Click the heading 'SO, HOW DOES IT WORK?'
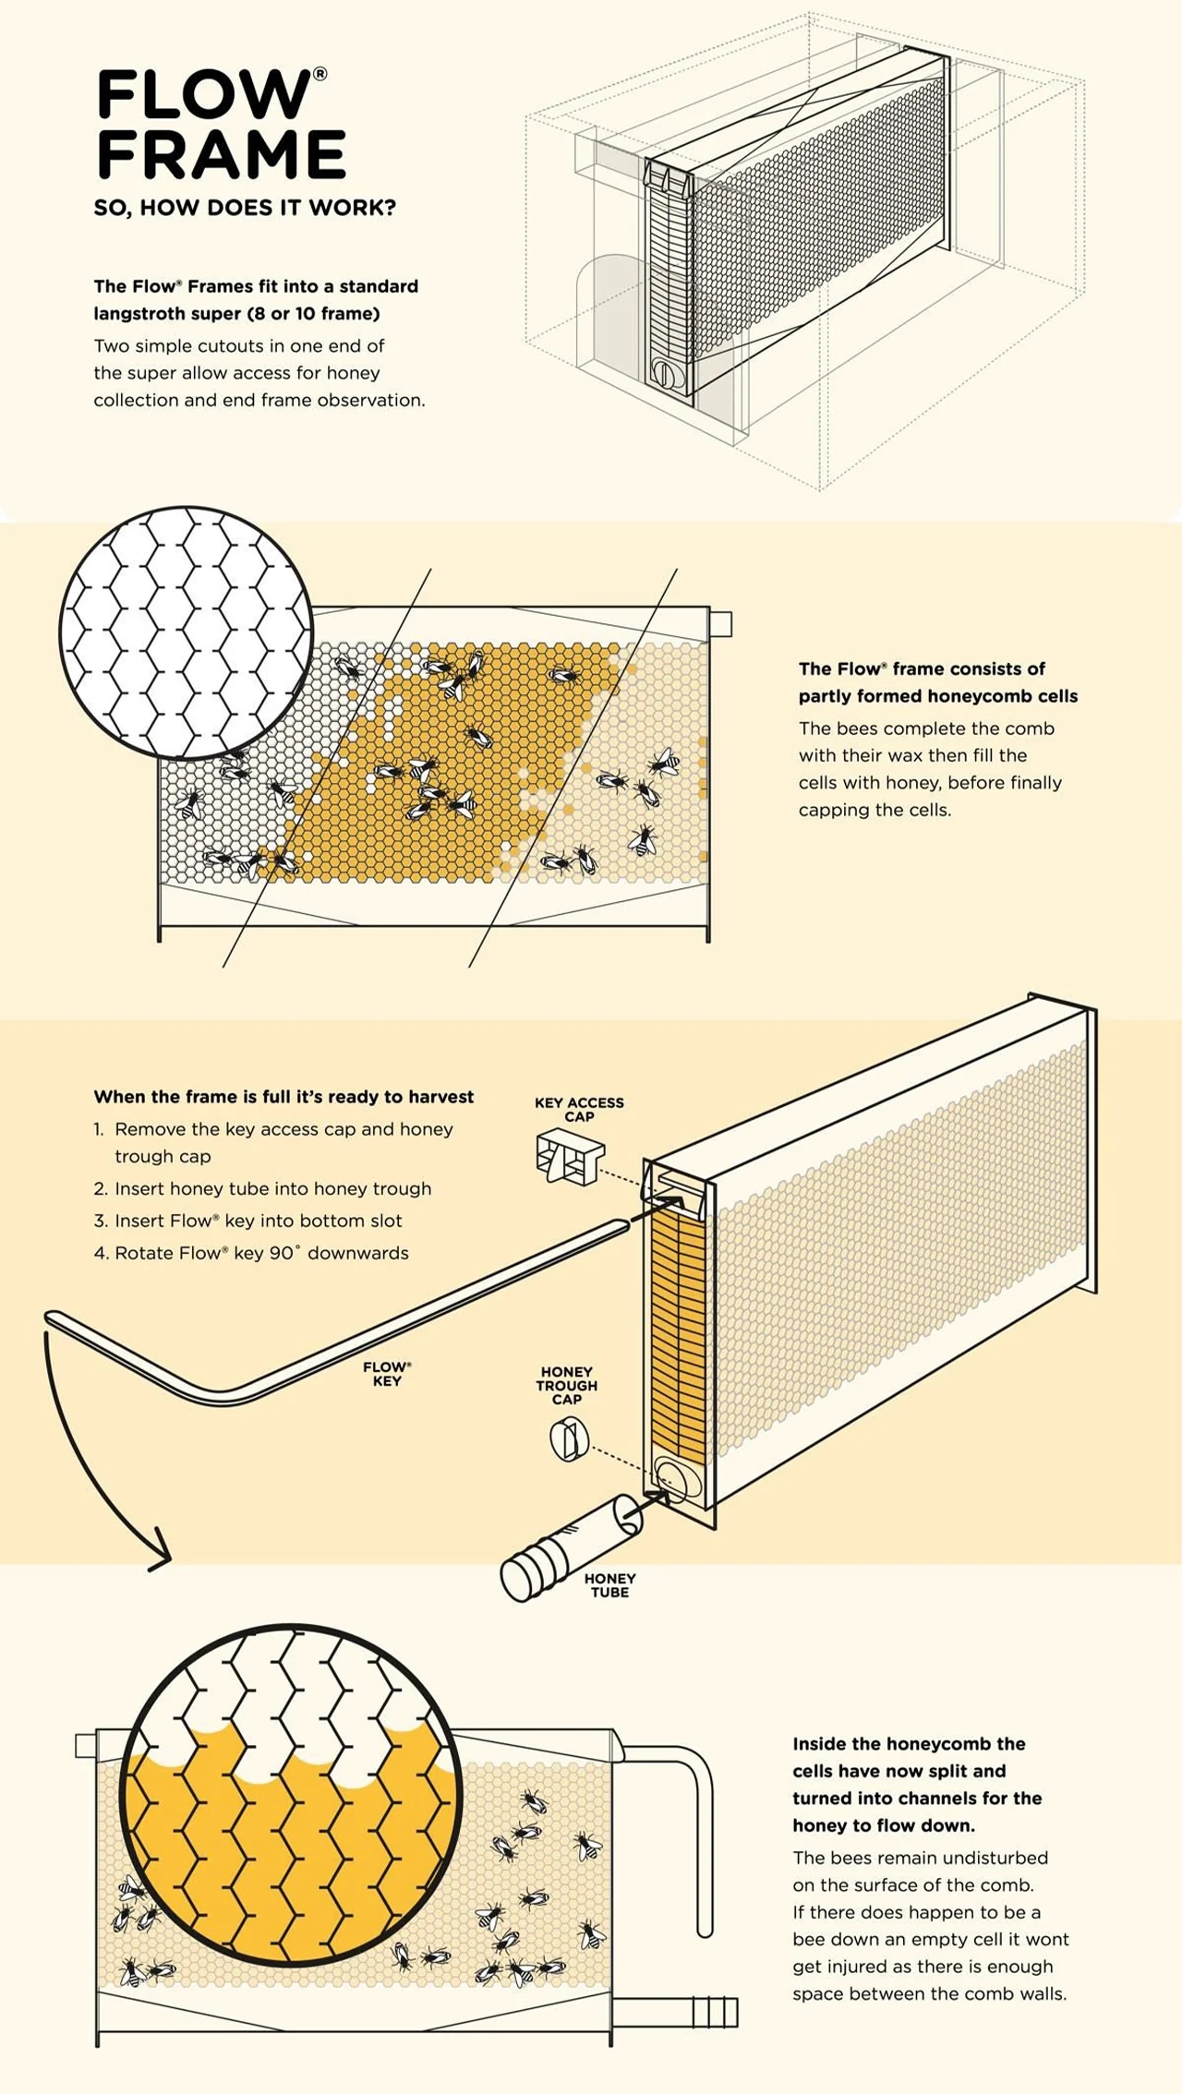tap(244, 208)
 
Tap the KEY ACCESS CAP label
tap(579, 1109)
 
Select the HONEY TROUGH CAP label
tap(566, 1385)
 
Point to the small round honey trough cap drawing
tap(569, 1440)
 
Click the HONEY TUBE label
tap(609, 1585)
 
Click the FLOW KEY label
tap(387, 1374)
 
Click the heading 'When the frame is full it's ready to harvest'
tap(283, 1097)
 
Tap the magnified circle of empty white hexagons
tap(186, 632)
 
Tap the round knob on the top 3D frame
tap(664, 373)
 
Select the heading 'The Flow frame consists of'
tap(922, 668)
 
